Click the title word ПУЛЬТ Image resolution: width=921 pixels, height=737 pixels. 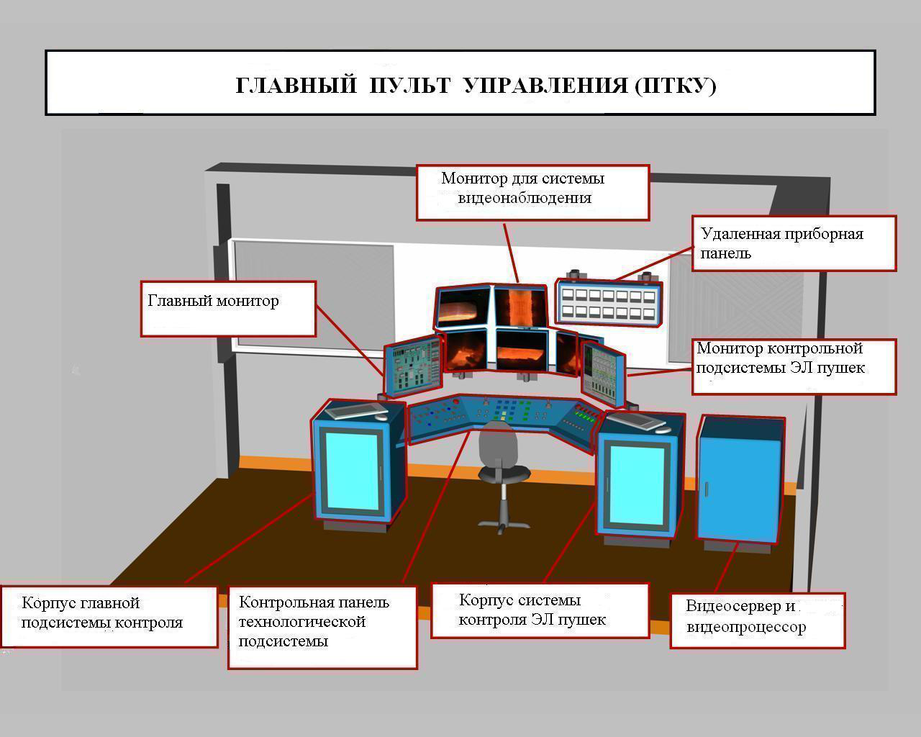(x=410, y=86)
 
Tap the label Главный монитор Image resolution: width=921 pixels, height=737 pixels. (x=213, y=301)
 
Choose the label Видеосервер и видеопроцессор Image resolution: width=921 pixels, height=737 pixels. (x=746, y=617)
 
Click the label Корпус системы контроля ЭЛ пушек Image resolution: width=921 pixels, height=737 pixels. (x=532, y=610)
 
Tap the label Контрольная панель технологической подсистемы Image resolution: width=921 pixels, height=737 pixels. (x=314, y=622)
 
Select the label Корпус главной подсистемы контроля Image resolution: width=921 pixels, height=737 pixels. (x=102, y=612)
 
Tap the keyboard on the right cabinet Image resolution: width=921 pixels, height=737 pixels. (x=639, y=419)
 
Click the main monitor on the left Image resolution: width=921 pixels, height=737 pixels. (x=412, y=367)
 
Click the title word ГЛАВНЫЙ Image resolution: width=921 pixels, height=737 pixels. (x=296, y=86)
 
